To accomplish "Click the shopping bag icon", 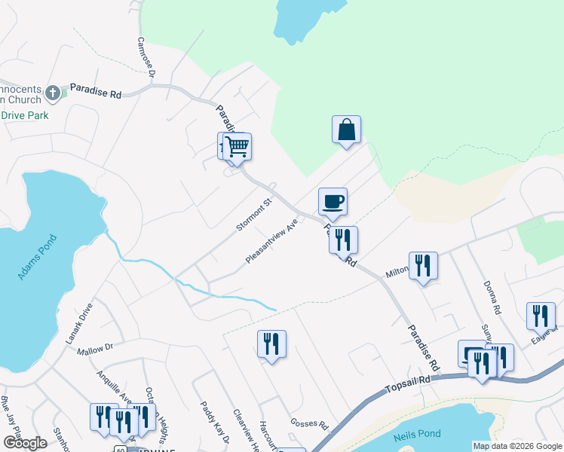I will pos(346,129).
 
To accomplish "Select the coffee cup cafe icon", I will pos(333,201).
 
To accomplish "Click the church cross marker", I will pos(52,93).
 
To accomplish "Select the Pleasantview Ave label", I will pos(272,241).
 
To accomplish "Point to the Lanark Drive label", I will pos(79,323).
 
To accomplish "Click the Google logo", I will pos(25,443).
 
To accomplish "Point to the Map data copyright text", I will pos(517,446).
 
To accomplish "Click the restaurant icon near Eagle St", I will pos(540,316).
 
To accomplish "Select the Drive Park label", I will pos(25,115).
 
